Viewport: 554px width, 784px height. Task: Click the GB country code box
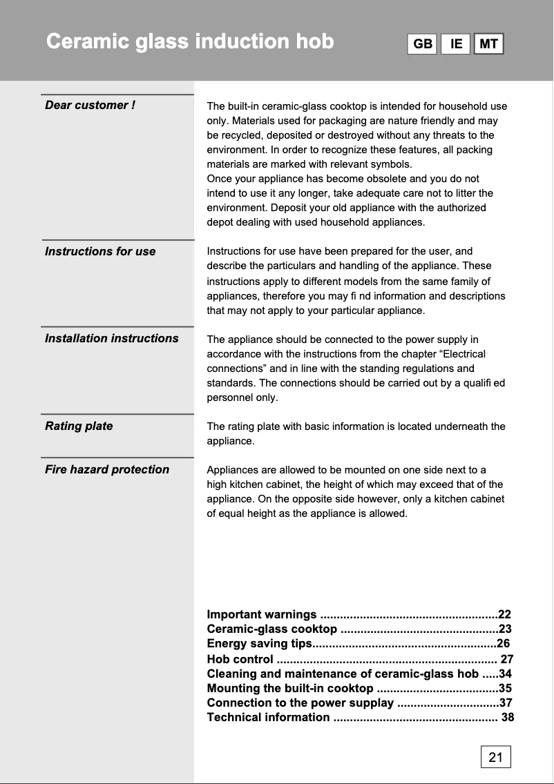coord(422,44)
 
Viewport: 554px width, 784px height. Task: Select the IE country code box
coord(456,44)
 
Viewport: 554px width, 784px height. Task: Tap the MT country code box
coord(488,44)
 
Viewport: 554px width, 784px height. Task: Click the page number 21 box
coord(495,757)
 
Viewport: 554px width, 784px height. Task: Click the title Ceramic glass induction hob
coord(190,41)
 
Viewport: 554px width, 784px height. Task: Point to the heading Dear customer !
coord(90,105)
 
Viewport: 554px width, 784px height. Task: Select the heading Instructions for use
coord(100,251)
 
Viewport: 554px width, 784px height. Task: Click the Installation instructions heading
coord(111,338)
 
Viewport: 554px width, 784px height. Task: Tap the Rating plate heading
coord(79,426)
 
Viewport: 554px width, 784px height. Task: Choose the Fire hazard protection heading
coord(106,469)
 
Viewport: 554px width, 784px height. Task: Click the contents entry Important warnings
coord(262,614)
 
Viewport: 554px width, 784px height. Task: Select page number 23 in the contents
coord(505,629)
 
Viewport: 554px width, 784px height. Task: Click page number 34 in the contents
coord(505,674)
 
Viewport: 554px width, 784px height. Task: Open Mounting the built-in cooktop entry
coord(290,688)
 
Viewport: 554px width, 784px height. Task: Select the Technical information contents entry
coord(268,717)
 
